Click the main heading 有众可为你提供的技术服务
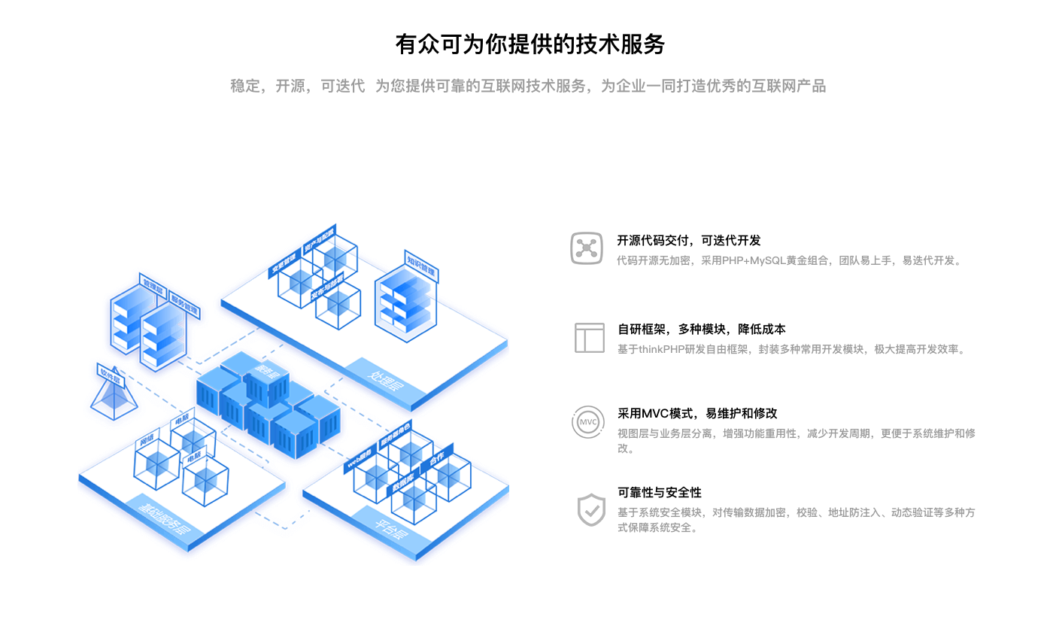[530, 44]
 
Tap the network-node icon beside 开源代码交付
[587, 248]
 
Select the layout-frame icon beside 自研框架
[590, 338]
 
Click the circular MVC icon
[588, 422]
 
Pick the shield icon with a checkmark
[591, 509]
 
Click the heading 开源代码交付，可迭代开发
[689, 241]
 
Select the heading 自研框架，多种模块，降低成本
[702, 330]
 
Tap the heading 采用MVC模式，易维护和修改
[697, 414]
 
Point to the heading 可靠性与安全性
[660, 493]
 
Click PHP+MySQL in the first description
[753, 261]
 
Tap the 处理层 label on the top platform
[385, 382]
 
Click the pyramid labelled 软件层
[114, 397]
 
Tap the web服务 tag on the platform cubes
[360, 459]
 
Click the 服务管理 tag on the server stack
[184, 303]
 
